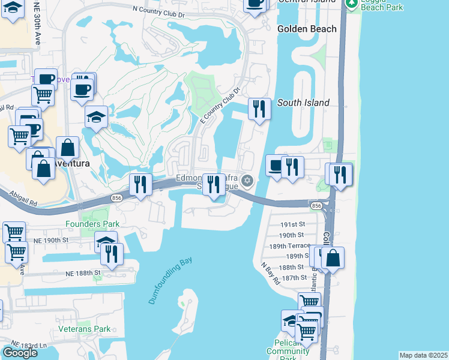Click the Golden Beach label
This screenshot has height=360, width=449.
[304, 29]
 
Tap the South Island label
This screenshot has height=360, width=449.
[303, 103]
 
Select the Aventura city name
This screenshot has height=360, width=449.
[71, 163]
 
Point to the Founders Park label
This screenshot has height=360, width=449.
[93, 224]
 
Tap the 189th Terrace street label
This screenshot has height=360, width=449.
[289, 246]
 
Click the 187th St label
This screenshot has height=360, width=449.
[294, 277]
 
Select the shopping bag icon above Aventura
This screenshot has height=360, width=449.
[68, 148]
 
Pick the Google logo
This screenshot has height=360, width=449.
[20, 353]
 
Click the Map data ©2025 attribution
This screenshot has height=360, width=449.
[423, 355]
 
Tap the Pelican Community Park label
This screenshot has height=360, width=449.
[279, 350]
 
